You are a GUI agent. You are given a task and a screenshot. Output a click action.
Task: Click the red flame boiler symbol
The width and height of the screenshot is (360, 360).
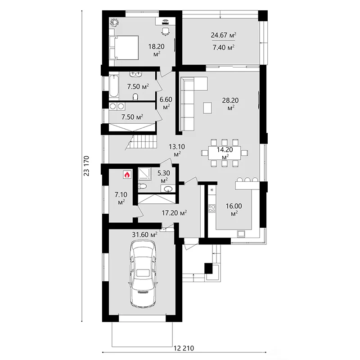coord(127,175)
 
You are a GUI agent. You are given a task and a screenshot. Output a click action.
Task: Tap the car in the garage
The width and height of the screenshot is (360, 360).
coord(144,274)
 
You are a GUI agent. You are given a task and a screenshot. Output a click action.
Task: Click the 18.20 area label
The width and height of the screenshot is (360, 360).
coord(156,49)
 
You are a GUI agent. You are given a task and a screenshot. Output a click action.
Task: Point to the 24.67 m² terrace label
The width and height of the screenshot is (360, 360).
coord(224,35)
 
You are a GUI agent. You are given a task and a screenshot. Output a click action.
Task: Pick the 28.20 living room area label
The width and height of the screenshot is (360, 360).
coord(230,103)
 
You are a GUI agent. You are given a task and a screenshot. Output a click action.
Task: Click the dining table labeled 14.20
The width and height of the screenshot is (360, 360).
coord(225,153)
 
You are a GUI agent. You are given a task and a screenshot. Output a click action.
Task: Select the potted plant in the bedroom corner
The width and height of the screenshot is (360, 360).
coord(114,22)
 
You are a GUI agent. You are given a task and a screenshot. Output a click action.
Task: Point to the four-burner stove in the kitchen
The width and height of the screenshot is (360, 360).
coord(211,208)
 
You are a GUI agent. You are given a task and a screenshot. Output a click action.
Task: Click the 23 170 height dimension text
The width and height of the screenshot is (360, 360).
coord(86,166)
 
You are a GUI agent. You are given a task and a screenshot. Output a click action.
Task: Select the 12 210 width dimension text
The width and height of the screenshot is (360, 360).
coord(184,348)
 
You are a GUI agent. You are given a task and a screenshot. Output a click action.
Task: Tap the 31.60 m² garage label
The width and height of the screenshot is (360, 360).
coord(144,234)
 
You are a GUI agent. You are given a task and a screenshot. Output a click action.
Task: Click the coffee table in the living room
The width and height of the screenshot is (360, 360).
coord(207,108)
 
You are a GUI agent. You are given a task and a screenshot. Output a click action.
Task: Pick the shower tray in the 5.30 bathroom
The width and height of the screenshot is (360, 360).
coord(144,174)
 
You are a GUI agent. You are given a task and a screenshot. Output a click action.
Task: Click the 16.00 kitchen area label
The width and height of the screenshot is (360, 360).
coord(234,209)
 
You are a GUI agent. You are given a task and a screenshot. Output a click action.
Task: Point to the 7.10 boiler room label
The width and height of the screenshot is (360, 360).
coord(121,198)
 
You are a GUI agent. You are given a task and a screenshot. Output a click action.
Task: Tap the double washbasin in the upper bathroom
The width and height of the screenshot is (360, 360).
coord(136,74)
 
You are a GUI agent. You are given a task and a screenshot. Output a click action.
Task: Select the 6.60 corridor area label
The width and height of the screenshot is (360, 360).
coord(166,103)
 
